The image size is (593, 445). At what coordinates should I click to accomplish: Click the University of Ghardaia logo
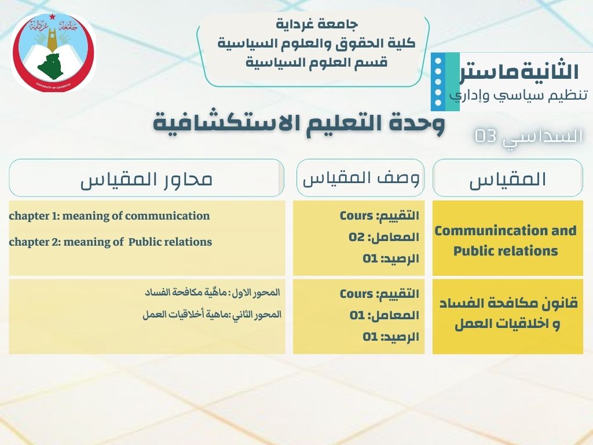[x=54, y=53]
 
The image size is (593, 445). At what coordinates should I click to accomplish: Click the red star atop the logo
[x=52, y=16]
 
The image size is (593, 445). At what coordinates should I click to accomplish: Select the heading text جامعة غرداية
[x=316, y=24]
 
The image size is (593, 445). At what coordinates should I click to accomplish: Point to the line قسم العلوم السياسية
[x=317, y=62]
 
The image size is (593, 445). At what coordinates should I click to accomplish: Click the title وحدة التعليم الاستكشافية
[x=299, y=123]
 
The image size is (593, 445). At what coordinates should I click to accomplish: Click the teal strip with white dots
[x=445, y=81]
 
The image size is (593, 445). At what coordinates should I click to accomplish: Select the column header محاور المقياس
[x=147, y=178]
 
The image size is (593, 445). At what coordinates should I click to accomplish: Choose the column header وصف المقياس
[x=361, y=178]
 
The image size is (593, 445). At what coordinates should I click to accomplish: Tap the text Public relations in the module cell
[x=506, y=250]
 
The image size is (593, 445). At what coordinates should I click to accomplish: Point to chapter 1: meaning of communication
[x=109, y=216]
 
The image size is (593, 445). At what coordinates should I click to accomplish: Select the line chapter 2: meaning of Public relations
[x=111, y=242]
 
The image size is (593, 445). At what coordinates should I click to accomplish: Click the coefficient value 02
[x=357, y=237]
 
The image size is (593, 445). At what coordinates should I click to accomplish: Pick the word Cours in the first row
[x=356, y=216]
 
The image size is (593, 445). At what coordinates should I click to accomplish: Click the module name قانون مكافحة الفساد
[x=508, y=303]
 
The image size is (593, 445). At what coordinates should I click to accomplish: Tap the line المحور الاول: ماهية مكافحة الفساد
[x=213, y=293]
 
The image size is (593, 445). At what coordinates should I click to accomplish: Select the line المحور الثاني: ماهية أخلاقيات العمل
[x=212, y=315]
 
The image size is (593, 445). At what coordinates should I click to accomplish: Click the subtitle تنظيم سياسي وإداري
[x=518, y=95]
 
